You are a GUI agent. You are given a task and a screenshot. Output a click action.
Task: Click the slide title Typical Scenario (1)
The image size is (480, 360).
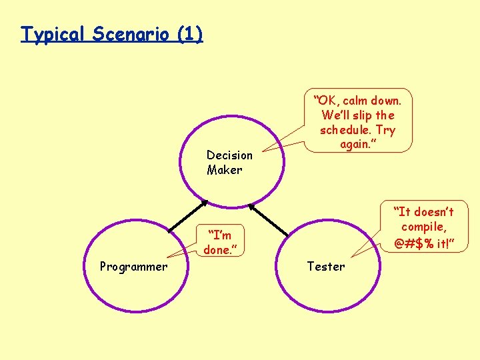click(x=111, y=34)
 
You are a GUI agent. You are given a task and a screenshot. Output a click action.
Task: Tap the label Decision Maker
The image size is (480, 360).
click(x=229, y=162)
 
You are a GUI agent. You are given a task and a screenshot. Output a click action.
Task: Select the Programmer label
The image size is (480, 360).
click(x=133, y=267)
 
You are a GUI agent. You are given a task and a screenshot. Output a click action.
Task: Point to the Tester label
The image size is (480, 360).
click(x=325, y=267)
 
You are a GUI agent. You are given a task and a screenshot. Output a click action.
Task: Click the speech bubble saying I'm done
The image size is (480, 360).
click(x=219, y=242)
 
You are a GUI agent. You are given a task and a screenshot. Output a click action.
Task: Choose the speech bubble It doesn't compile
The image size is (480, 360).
click(x=423, y=227)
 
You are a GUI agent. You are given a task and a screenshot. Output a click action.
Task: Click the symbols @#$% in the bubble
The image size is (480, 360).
click(x=411, y=244)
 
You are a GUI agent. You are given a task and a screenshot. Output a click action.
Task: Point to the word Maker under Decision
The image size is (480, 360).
click(x=224, y=170)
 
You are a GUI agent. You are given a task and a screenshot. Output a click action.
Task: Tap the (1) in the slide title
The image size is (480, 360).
click(x=190, y=34)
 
